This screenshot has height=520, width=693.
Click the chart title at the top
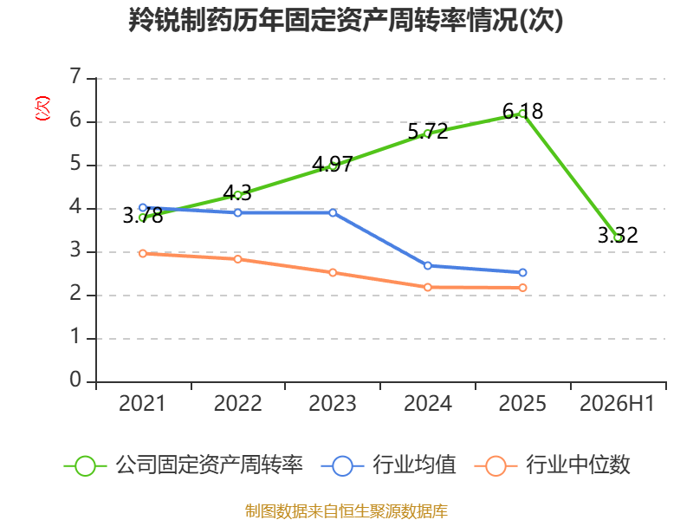click(x=346, y=20)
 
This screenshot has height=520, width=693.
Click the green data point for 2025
click(x=523, y=114)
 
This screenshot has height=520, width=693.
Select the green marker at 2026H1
click(x=618, y=237)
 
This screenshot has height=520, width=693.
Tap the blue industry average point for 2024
click(x=428, y=266)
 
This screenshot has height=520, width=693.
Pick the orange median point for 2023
click(x=333, y=273)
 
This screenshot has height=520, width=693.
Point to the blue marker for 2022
click(x=237, y=212)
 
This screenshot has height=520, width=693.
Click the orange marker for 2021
click(x=143, y=253)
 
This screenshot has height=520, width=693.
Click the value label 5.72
click(x=427, y=132)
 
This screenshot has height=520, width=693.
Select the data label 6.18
click(x=523, y=112)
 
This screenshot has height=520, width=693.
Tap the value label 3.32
click(x=618, y=235)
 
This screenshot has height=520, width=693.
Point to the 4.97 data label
click(x=333, y=164)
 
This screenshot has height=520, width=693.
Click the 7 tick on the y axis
click(x=75, y=76)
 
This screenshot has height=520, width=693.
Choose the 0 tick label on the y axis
click(x=75, y=380)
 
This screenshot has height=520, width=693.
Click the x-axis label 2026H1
click(x=617, y=403)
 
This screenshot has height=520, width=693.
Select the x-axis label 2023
click(x=333, y=403)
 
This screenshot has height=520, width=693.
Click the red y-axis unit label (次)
click(x=42, y=108)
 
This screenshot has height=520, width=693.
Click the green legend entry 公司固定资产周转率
click(x=184, y=465)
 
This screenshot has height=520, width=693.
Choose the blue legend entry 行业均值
click(x=388, y=465)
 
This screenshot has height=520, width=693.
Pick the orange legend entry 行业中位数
click(x=552, y=465)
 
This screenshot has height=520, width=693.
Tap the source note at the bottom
click(x=346, y=511)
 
